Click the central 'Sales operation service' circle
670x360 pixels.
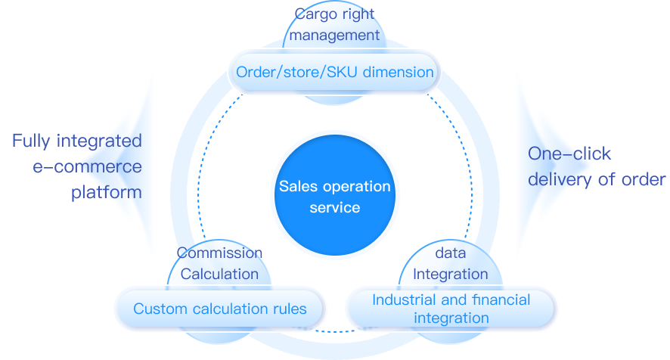pos(334,195)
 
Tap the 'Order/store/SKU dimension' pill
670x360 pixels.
pos(335,73)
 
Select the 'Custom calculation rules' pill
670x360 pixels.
pos(220,309)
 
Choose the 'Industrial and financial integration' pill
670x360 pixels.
pos(451,309)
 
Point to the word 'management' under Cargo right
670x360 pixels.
pos(334,34)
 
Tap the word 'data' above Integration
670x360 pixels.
pos(451,253)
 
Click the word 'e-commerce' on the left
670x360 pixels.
pos(87,166)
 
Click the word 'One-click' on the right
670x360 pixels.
pos(569,154)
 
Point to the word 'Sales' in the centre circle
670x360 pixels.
pos(300,186)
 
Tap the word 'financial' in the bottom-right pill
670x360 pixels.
pos(501,300)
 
